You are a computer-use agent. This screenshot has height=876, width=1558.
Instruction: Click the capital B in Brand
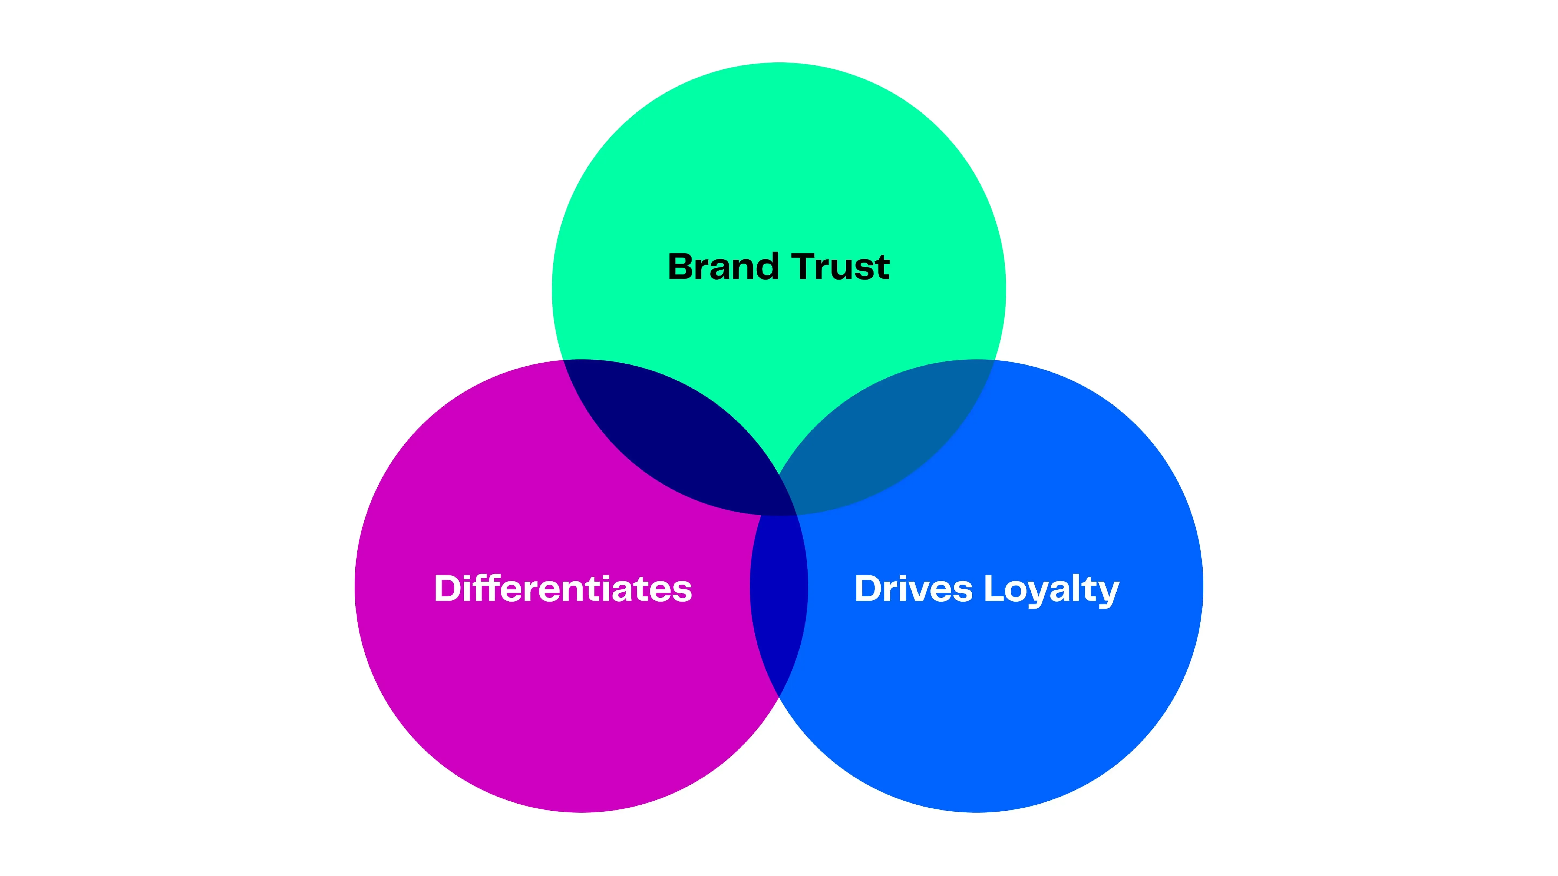[x=682, y=267]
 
